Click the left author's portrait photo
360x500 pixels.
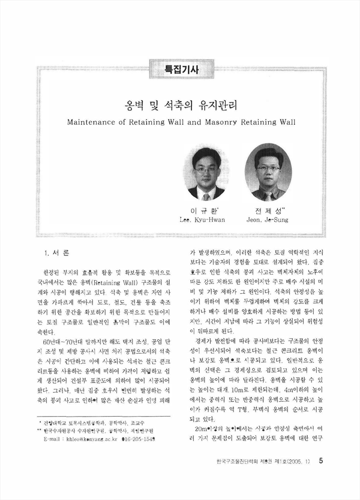coord(206,173)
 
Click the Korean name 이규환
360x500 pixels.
coord(205,210)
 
